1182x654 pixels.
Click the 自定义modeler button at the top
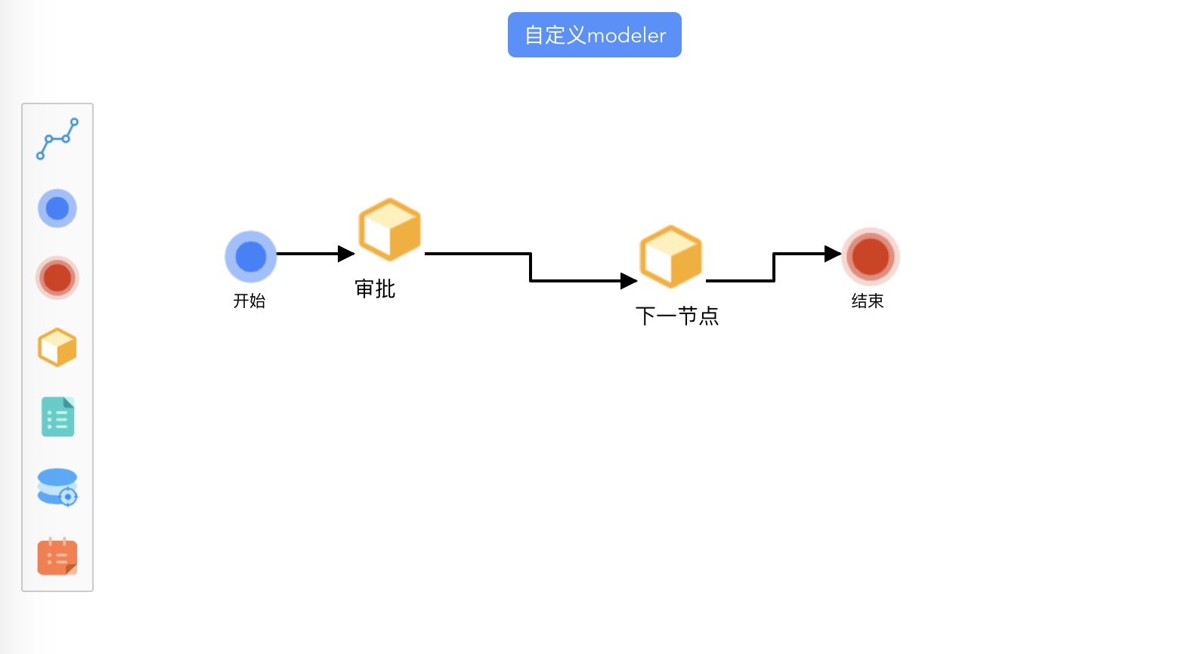tap(594, 35)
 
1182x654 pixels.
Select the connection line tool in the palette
tap(57, 138)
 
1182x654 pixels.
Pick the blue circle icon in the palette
tap(57, 208)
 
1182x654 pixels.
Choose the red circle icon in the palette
tap(57, 278)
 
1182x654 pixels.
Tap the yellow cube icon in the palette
tap(57, 347)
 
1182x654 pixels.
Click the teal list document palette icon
tap(57, 417)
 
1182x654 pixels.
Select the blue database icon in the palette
tap(57, 487)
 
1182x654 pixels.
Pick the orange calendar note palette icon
tap(57, 557)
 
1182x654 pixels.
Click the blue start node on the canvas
tap(251, 257)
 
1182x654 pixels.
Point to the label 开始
tap(249, 301)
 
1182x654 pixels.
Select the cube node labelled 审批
tap(389, 230)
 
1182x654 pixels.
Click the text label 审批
tap(375, 288)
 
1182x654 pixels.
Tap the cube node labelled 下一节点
tap(670, 257)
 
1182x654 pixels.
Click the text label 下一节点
tap(676, 316)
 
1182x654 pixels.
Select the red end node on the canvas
tap(871, 257)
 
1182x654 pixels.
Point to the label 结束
tap(868, 301)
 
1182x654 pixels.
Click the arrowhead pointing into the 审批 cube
tap(346, 254)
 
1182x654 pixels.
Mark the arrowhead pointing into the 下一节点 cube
tap(629, 281)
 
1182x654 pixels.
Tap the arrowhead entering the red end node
tap(832, 254)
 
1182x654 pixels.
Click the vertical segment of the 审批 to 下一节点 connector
tap(531, 267)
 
